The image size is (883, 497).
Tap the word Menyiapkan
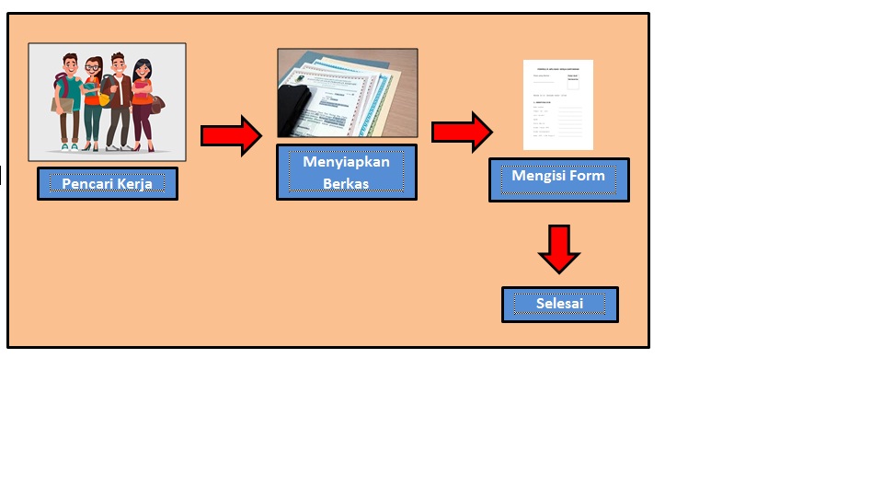tap(346, 162)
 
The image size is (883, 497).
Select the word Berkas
tap(346, 183)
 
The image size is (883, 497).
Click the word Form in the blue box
tap(587, 175)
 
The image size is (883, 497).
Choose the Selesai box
tap(559, 304)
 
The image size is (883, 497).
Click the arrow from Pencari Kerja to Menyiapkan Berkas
tap(231, 135)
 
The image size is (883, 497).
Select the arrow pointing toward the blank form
tap(462, 132)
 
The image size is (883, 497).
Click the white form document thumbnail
tap(557, 104)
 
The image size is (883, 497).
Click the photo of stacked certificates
tap(347, 93)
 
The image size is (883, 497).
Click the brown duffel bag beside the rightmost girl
tap(157, 103)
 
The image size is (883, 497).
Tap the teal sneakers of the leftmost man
tap(69, 145)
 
